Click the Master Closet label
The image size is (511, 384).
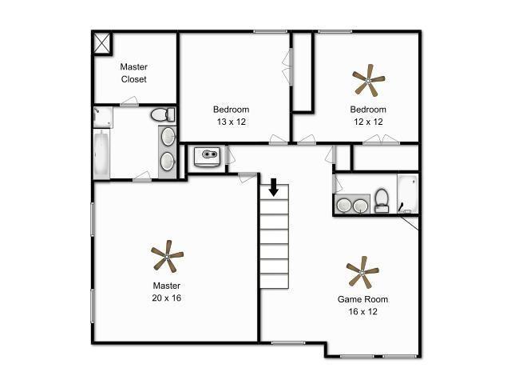[133, 73]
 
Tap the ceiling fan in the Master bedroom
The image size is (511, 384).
[167, 257]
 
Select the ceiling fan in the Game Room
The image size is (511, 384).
[362, 273]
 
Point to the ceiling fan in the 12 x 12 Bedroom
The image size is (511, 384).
[368, 80]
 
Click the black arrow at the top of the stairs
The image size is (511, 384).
[273, 187]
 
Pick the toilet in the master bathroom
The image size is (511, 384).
[163, 114]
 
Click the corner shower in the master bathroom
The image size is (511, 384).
[102, 118]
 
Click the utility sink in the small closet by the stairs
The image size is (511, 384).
[208, 154]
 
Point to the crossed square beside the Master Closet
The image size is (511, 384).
[102, 42]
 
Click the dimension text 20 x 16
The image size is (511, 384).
[167, 298]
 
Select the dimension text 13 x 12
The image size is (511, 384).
[231, 122]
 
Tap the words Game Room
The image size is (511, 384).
[362, 300]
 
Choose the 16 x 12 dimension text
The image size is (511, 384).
[362, 312]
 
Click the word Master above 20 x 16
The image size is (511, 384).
[167, 286]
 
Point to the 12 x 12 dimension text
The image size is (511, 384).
[367, 122]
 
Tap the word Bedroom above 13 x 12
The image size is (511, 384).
[231, 110]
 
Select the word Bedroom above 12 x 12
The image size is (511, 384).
[367, 110]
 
